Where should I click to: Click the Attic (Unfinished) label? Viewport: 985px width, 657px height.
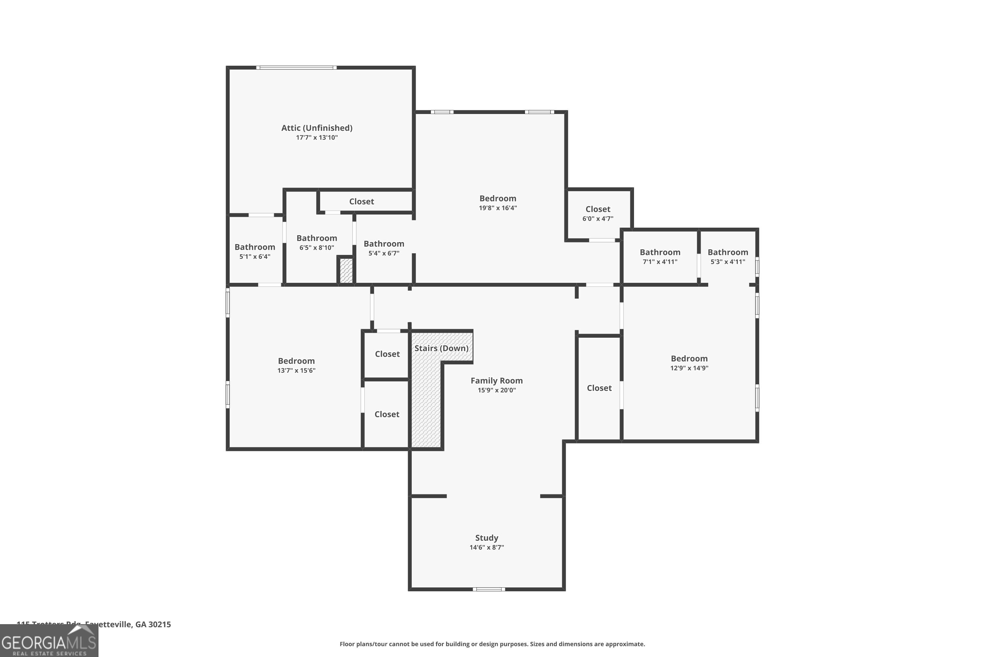tap(317, 128)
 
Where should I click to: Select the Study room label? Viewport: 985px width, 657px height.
tap(486, 537)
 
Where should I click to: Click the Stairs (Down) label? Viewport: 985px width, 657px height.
tap(441, 348)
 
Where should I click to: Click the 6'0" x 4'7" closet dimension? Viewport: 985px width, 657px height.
tap(598, 219)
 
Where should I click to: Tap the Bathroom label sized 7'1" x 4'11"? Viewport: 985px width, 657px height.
tap(660, 252)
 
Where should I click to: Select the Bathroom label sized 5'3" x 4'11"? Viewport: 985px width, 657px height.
tap(728, 252)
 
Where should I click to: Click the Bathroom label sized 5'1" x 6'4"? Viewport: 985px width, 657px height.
tap(255, 247)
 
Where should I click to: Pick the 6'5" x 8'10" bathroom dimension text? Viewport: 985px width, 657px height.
tap(317, 248)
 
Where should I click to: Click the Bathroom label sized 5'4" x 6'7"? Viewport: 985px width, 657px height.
tap(383, 244)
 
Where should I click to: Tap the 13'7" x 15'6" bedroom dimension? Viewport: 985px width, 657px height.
tap(296, 371)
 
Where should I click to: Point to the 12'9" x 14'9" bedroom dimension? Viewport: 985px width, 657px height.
tap(689, 368)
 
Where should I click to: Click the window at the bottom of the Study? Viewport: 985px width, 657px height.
tap(489, 589)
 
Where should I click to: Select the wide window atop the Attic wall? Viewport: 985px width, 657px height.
tap(296, 67)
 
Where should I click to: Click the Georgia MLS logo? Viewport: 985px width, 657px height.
tap(49, 642)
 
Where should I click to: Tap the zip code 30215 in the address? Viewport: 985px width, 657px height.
tap(160, 624)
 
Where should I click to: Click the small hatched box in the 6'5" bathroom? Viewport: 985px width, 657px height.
tap(346, 271)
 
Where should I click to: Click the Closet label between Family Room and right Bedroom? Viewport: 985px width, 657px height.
tap(599, 388)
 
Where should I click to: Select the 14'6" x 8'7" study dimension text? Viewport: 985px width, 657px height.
tap(486, 547)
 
